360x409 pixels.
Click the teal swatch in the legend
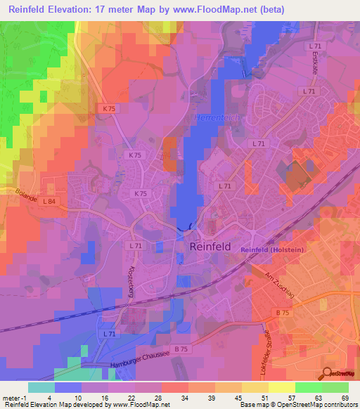(41, 387)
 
